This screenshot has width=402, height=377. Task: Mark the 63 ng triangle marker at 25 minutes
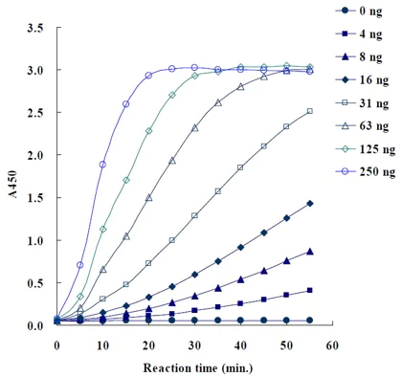(172, 161)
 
